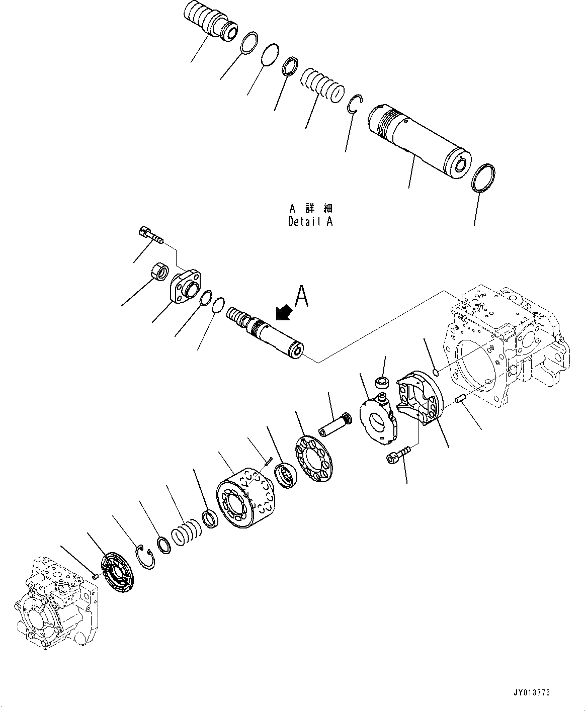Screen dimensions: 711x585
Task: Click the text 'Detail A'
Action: point(310,221)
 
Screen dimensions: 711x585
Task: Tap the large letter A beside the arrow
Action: point(301,296)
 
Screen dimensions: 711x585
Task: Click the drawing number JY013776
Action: point(532,692)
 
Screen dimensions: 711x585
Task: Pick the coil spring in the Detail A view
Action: point(323,85)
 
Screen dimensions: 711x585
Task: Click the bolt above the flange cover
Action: point(150,235)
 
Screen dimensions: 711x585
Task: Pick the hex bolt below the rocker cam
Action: point(398,455)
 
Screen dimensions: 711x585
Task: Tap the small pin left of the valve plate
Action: point(96,576)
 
